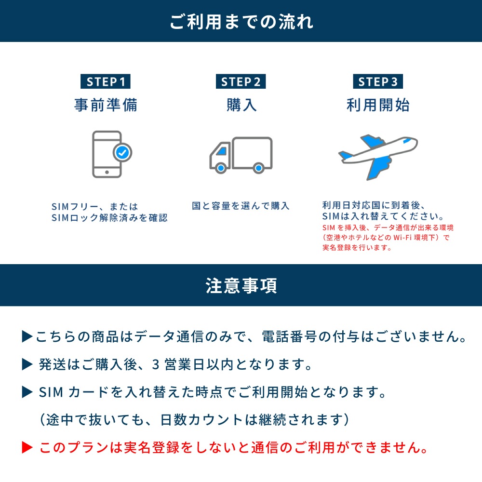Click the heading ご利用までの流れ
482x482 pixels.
point(241,22)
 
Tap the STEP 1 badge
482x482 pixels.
point(105,81)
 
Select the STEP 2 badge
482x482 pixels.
point(241,81)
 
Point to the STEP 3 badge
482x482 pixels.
point(378,81)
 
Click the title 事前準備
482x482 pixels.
point(106,105)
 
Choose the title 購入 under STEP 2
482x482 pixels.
point(241,105)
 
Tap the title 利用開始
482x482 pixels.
point(378,105)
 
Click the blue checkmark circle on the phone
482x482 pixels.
point(122,153)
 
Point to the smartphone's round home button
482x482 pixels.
point(107,170)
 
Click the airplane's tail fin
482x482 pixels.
point(345,156)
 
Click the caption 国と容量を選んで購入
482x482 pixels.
point(241,206)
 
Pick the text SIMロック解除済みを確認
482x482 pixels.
point(109,218)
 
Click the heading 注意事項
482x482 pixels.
point(241,285)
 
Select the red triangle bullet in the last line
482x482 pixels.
point(27,448)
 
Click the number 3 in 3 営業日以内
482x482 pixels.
point(155,364)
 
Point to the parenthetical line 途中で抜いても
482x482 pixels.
point(193,419)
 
